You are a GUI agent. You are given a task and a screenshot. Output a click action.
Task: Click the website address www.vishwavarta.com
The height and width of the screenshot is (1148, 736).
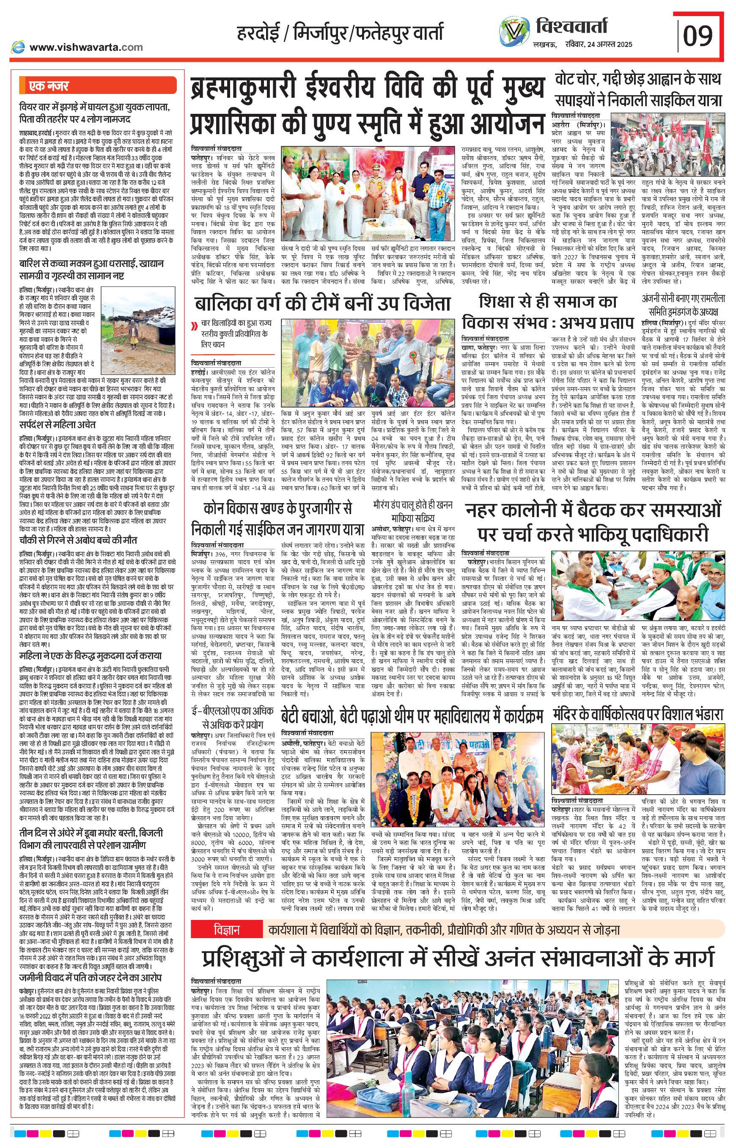pos(86,47)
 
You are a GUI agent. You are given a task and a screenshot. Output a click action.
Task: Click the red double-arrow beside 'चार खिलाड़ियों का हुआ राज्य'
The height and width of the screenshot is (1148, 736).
pos(195,327)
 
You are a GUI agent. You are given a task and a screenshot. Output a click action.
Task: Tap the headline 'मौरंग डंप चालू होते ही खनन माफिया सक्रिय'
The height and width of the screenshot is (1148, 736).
pos(412,511)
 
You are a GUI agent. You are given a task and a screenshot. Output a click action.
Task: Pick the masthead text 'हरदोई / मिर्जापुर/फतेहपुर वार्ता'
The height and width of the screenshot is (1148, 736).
pos(340,33)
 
